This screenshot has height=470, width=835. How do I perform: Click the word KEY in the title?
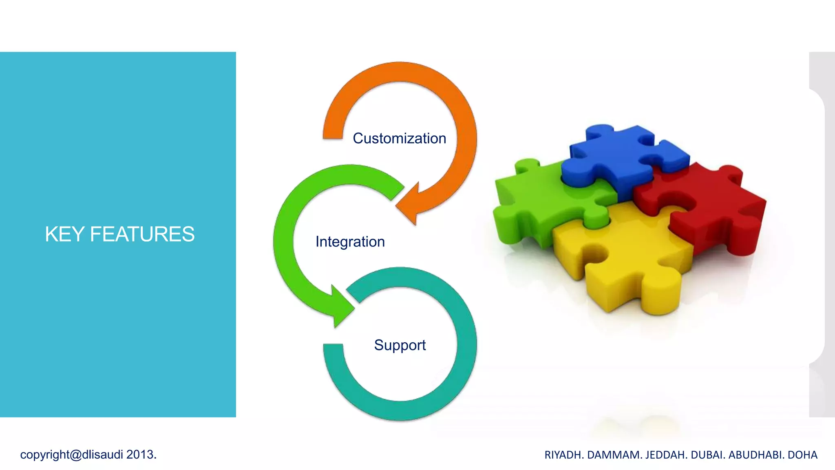point(64,235)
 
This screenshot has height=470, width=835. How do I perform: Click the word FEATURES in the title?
point(142,235)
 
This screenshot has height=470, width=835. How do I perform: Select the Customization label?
point(399,139)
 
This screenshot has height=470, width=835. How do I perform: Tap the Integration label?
point(350,242)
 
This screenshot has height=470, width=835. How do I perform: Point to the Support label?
point(400,346)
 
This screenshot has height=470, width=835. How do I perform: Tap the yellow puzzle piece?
point(628,261)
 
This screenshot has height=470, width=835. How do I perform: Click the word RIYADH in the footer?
point(563,455)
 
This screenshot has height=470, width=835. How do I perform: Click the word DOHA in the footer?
point(802,455)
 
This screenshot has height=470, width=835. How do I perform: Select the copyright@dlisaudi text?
point(71,454)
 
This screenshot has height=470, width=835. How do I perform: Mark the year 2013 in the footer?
point(140,454)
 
